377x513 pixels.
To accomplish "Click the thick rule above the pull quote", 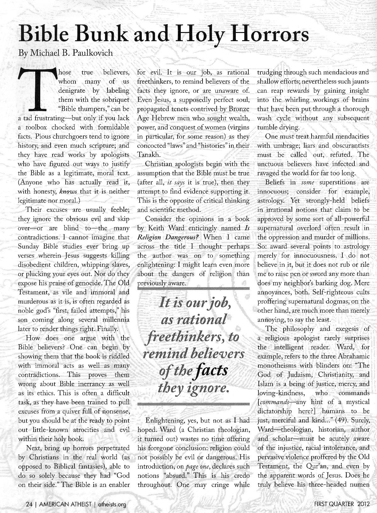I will [193, 288].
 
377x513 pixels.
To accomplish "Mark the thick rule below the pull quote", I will [193, 403].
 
